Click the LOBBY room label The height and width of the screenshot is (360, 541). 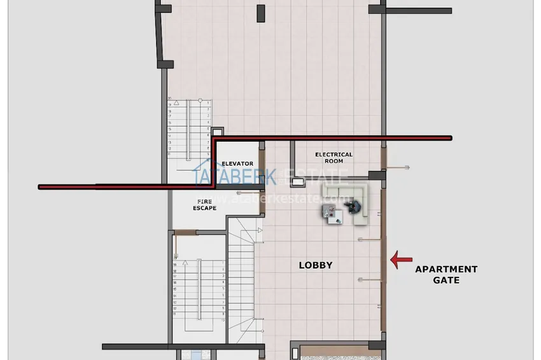click(316, 265)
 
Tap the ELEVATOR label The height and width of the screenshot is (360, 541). click(237, 163)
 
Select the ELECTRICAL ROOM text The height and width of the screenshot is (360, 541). click(334, 158)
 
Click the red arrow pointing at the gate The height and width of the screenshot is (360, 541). click(400, 259)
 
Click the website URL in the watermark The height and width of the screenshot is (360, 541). click(285, 199)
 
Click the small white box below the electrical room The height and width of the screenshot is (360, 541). click(297, 183)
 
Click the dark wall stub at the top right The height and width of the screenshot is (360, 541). click(418, 11)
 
